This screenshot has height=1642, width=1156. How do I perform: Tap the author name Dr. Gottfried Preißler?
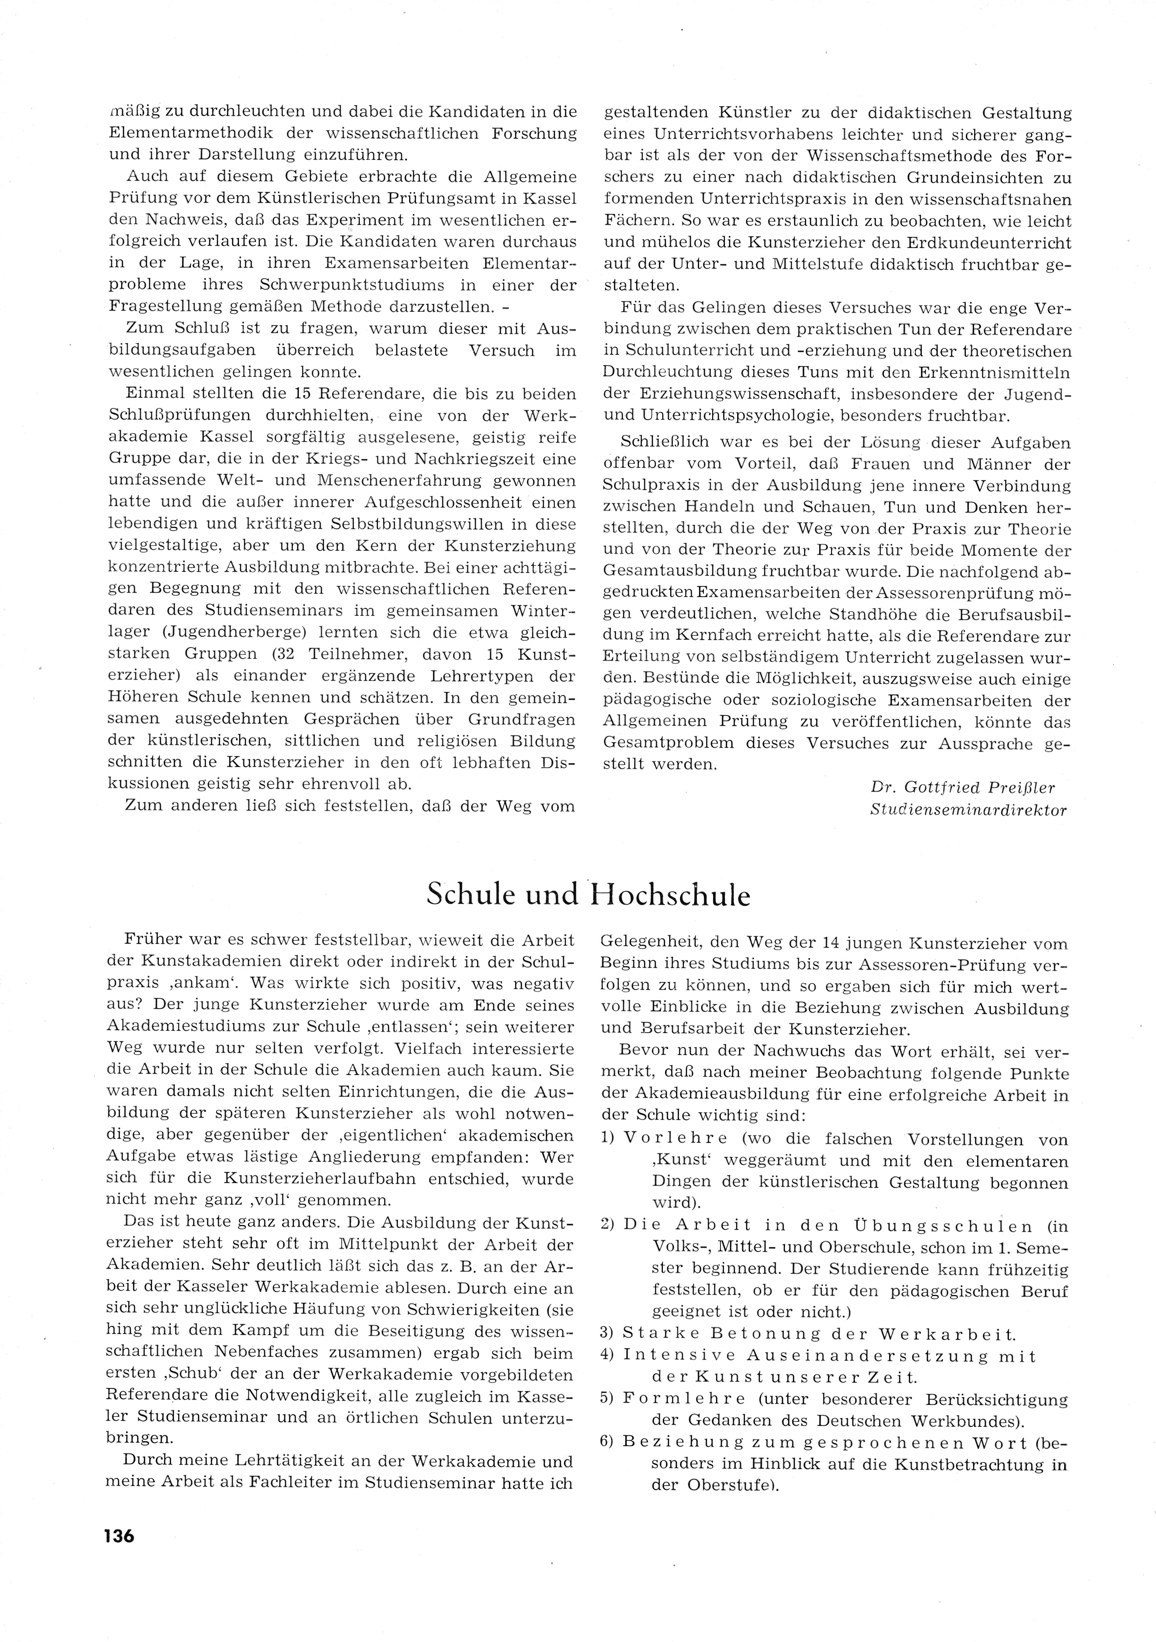962,787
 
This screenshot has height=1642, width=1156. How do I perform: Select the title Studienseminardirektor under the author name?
968,810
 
